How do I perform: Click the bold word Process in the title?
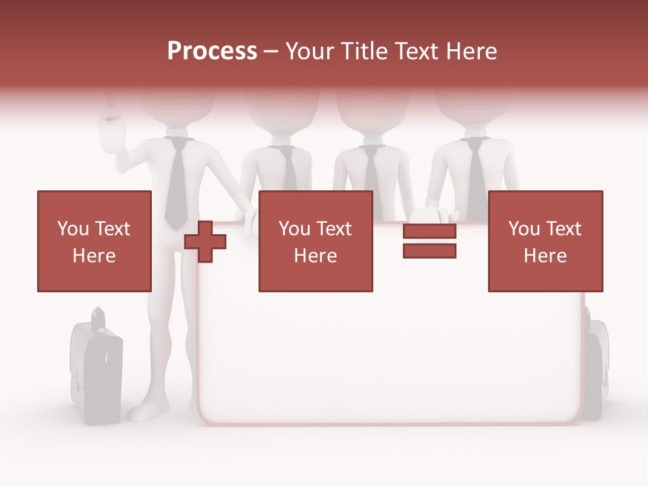pos(212,51)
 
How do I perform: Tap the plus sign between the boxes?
pos(205,242)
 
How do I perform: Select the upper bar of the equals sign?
pos(429,232)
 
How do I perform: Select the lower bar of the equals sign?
pos(429,251)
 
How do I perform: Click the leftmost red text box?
pos(94,241)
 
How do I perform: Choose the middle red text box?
pos(315,241)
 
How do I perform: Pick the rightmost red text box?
pos(545,241)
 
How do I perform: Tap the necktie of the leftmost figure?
pos(176,182)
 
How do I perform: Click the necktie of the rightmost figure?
pos(477,172)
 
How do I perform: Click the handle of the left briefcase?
pos(99,317)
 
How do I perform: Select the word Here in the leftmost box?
pos(94,256)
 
